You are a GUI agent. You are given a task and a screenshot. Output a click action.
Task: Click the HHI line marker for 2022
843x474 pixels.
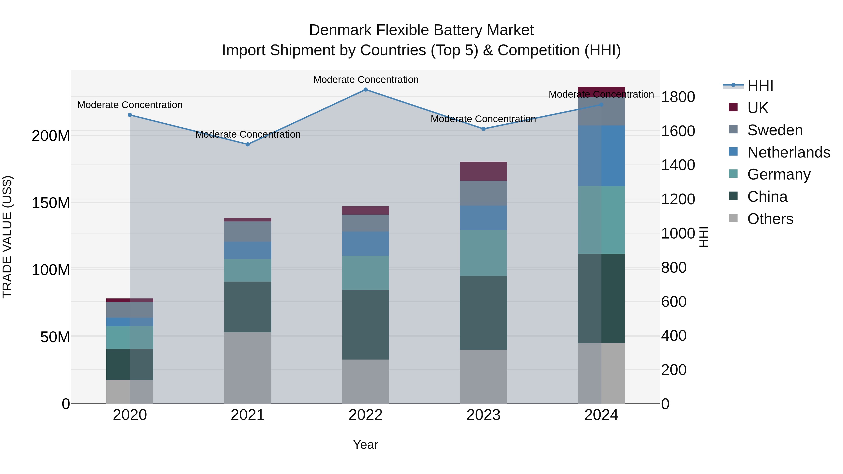366,90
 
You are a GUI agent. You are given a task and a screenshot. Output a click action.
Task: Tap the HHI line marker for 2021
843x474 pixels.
248,144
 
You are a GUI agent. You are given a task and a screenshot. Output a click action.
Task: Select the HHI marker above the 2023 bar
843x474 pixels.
483,129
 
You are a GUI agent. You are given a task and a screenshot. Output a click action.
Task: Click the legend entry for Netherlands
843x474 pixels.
788,152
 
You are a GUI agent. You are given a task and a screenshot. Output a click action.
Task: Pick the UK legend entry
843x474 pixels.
757,108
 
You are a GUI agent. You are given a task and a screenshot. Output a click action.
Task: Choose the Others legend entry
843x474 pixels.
770,219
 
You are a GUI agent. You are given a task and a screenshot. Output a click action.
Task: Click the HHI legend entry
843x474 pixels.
760,86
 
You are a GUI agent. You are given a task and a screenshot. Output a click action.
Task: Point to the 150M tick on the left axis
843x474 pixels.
51,203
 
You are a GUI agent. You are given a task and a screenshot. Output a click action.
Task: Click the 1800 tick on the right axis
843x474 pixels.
678,97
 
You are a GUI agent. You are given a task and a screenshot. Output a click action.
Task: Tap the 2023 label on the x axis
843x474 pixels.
483,415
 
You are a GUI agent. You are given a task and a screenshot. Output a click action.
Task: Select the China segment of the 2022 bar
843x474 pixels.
366,324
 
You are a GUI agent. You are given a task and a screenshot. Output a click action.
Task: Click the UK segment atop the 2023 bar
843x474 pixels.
483,171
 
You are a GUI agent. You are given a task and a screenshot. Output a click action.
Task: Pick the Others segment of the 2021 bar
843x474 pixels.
248,368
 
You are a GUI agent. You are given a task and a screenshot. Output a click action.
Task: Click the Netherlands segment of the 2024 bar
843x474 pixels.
601,156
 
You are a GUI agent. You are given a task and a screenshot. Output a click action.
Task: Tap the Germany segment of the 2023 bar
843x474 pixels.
483,253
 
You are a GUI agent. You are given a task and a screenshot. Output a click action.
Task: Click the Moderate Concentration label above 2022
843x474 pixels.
366,80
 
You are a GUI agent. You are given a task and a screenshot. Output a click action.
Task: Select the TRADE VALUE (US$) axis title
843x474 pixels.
7,237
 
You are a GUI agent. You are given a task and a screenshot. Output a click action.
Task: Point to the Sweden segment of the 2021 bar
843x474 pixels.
248,231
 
